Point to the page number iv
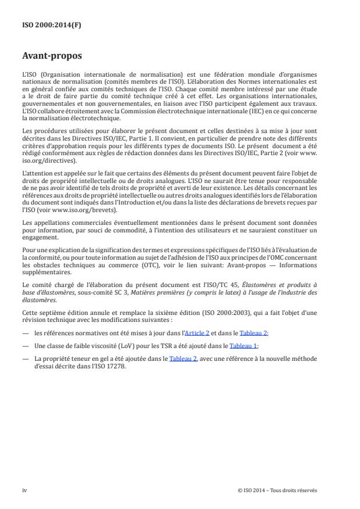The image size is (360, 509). click(24, 490)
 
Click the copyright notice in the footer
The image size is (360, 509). click(278, 490)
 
